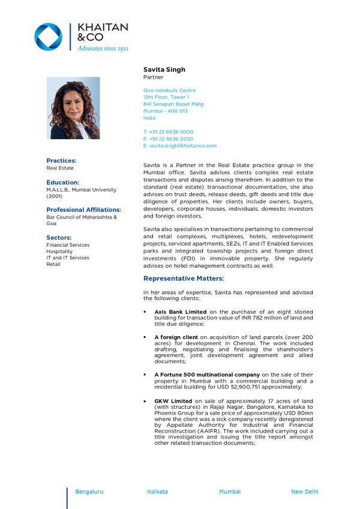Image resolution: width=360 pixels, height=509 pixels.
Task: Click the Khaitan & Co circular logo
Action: [x=48, y=37]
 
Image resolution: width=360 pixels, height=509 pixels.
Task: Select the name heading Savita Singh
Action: [x=164, y=70]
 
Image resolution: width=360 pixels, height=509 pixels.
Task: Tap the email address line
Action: [x=180, y=146]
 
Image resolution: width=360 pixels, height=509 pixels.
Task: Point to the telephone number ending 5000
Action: [x=168, y=132]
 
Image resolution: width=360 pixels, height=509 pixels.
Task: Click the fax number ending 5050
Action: [x=168, y=139]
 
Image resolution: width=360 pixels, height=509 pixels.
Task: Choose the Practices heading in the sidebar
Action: [x=61, y=161]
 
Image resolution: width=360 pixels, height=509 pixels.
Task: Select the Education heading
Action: [x=62, y=182]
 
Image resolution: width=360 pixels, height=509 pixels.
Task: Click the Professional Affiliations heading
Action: [x=83, y=209]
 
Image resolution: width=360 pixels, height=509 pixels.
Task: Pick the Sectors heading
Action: [x=59, y=238]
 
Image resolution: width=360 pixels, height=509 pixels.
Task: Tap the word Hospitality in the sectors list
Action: [x=59, y=251]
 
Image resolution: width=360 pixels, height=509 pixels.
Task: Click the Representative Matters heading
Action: [x=184, y=279]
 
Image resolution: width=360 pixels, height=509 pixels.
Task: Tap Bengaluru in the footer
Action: [x=89, y=492]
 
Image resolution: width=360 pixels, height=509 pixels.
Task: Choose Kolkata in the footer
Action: [x=158, y=492]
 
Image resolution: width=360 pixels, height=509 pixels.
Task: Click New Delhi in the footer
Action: [x=305, y=492]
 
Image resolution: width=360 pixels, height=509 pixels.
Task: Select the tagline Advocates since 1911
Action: [x=103, y=48]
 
